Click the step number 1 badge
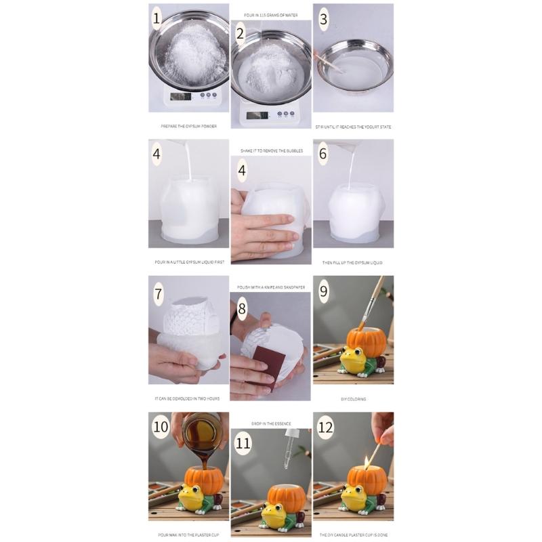coord(157,19)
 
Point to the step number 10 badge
coord(161,427)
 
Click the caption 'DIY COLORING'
coord(353,399)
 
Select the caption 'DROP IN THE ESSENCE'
coord(271,423)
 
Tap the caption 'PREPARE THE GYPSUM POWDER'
coord(188,126)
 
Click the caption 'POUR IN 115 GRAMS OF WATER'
coord(271,14)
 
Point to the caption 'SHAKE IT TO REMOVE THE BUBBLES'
coord(271,150)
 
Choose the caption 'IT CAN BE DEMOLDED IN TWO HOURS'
coord(188,399)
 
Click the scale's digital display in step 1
coord(180,96)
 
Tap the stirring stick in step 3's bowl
coord(330,62)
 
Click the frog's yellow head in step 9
coord(352,356)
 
